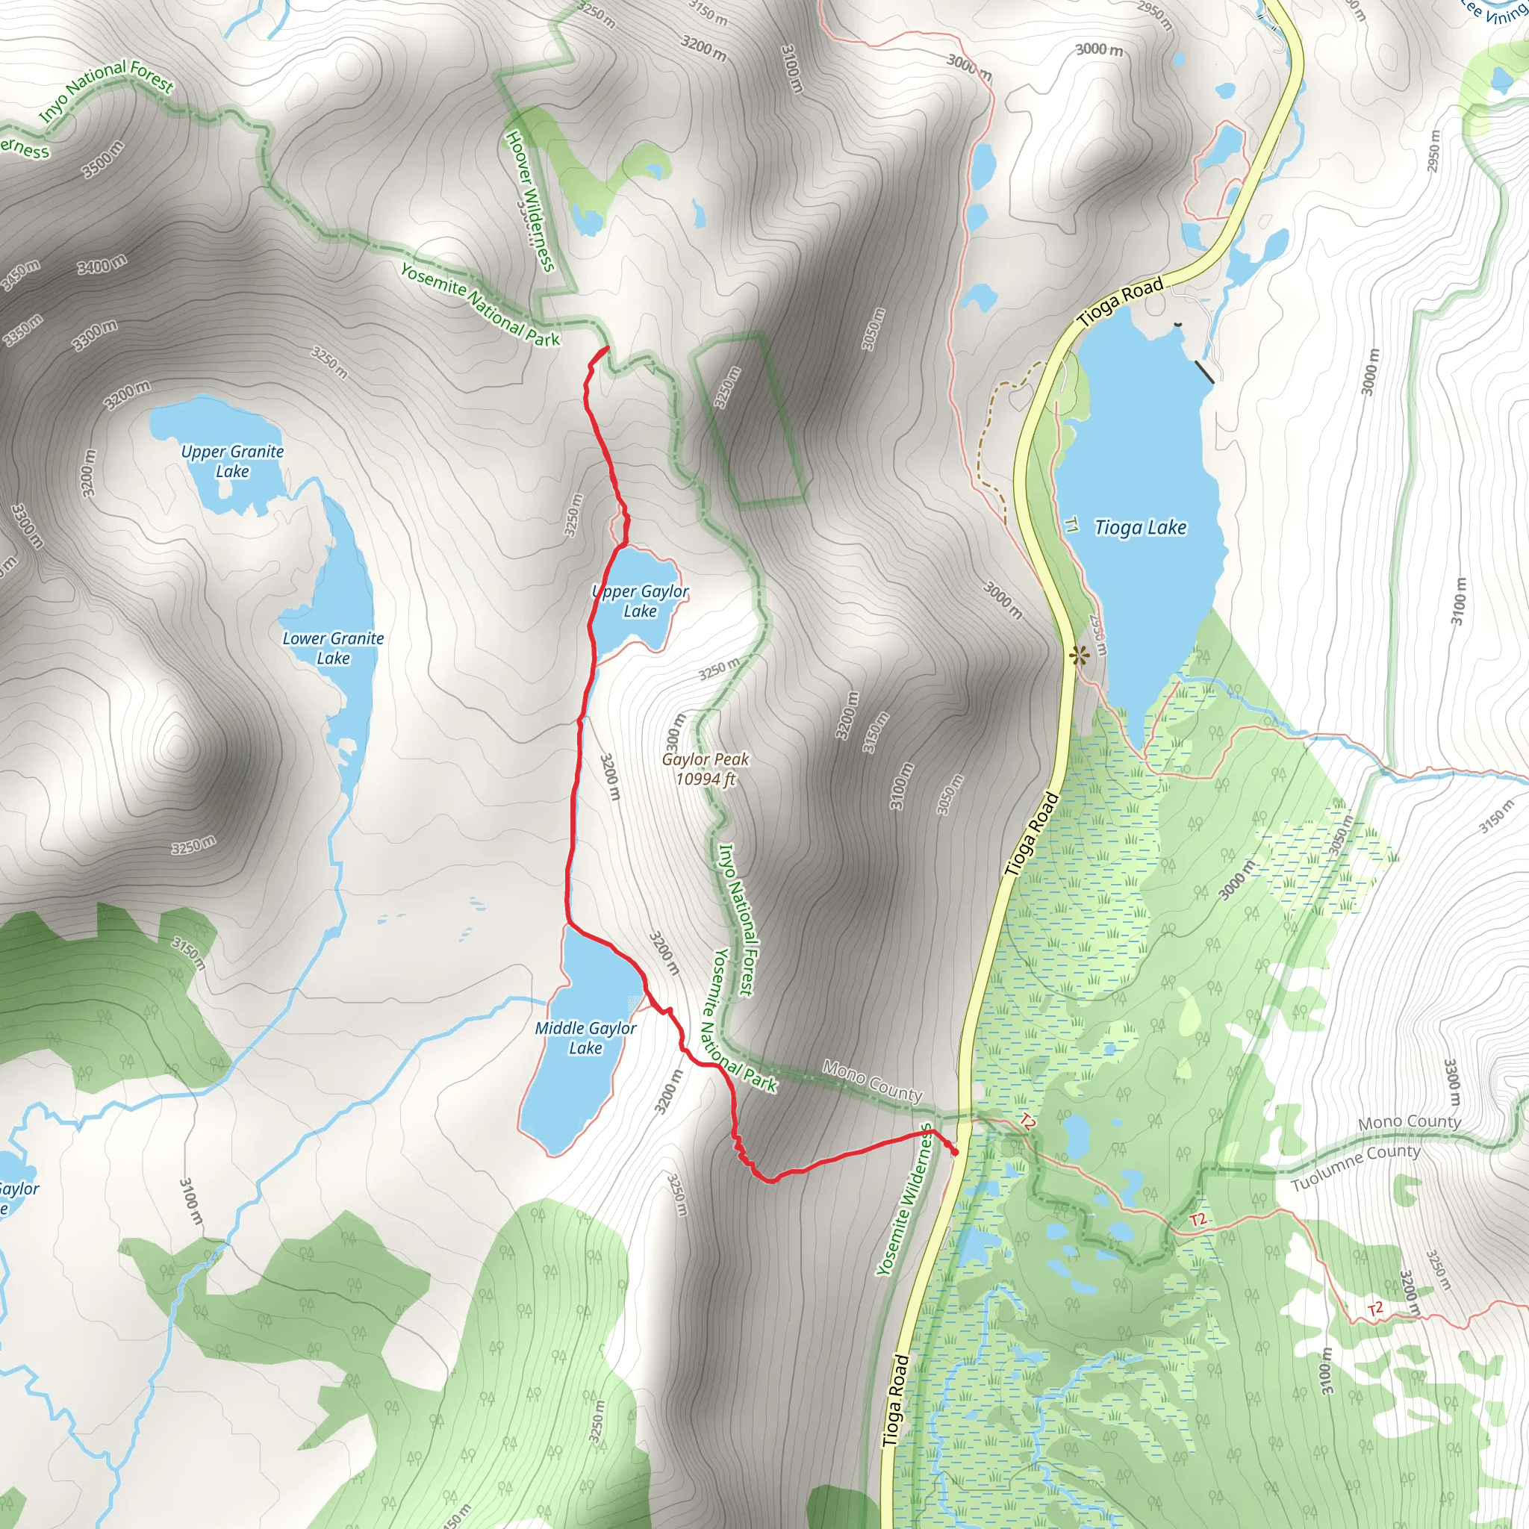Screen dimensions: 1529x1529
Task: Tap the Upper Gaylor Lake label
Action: click(x=641, y=602)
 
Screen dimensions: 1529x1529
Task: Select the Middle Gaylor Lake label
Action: click(x=585, y=1038)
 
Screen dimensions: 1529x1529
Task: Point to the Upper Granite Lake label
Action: click(x=232, y=461)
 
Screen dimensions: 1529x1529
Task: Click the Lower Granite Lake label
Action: click(x=333, y=648)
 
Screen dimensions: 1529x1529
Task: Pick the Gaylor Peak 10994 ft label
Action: click(x=705, y=769)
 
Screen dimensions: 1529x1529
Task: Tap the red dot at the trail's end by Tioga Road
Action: click(x=954, y=1152)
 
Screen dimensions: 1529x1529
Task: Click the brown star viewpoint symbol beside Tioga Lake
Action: click(x=1077, y=655)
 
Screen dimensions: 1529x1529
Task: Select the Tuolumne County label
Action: click(x=1355, y=1168)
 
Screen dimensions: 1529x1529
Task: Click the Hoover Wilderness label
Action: click(x=529, y=201)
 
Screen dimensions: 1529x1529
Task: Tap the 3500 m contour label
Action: click(x=103, y=159)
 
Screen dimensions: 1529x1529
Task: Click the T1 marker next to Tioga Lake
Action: click(x=1071, y=525)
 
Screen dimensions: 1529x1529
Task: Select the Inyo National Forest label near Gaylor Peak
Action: click(x=736, y=919)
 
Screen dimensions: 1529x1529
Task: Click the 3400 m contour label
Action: click(x=102, y=264)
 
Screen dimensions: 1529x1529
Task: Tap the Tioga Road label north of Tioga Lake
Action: click(x=1121, y=302)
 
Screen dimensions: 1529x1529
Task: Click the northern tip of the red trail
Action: click(x=607, y=348)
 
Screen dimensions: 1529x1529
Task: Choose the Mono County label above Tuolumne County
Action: click(x=1409, y=1122)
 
